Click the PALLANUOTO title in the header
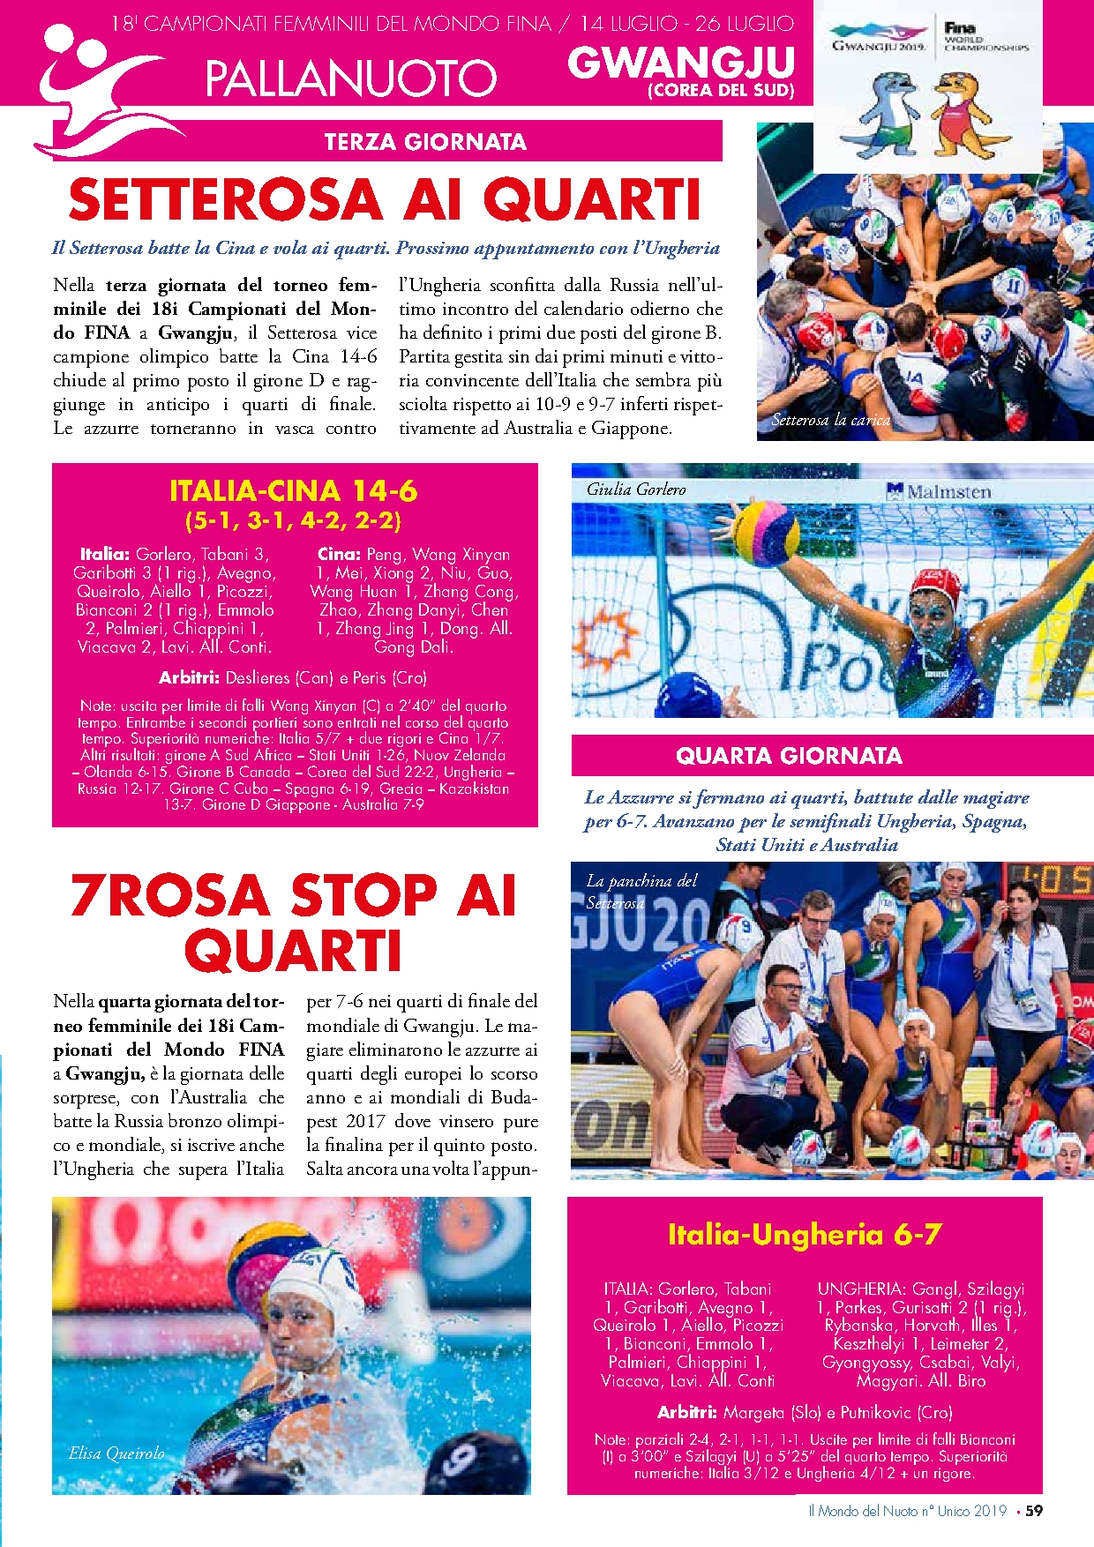click(x=350, y=78)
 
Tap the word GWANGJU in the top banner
click(x=680, y=62)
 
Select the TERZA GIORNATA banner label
click(x=425, y=142)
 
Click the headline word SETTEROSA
click(x=227, y=200)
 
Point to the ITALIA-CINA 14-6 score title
click(x=294, y=490)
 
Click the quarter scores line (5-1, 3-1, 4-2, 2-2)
click(x=294, y=520)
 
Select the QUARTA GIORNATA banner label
click(x=789, y=756)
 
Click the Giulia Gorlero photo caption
click(x=636, y=489)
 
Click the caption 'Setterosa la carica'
click(x=831, y=420)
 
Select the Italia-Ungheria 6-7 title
click(x=804, y=1234)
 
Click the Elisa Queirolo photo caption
click(x=116, y=1453)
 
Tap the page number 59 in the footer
click(x=1034, y=1510)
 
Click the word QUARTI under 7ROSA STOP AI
click(x=294, y=951)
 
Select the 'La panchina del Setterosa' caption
click(x=641, y=891)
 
